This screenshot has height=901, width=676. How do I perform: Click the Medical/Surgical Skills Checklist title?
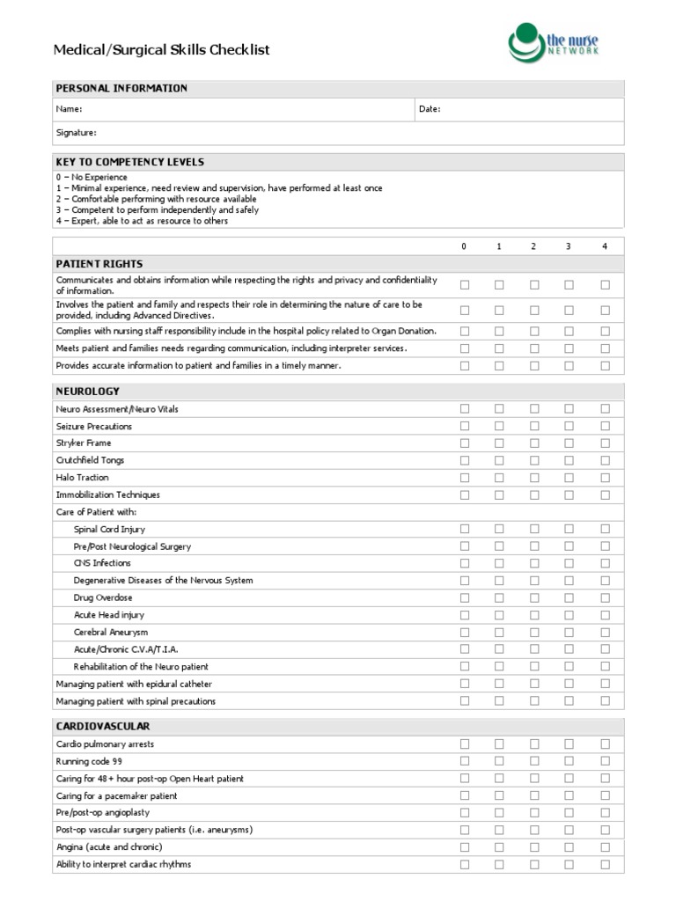pos(162,50)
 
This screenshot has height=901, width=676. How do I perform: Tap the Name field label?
pos(69,109)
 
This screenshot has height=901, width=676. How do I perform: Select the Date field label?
pos(430,109)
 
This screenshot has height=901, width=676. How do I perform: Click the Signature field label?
pos(76,133)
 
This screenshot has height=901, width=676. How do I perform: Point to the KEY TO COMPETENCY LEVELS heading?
pos(129,162)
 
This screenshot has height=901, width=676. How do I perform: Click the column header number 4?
pos(605,246)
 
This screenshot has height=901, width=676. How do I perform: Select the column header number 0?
pos(465,246)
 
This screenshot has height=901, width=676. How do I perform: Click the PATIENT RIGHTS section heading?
pos(99,264)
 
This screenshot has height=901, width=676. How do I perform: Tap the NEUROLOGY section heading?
pos(87,391)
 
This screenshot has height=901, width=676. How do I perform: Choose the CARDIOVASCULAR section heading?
pos(103,726)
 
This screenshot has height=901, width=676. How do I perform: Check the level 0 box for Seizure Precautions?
pos(465,426)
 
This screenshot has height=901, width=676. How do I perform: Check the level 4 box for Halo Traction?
pos(605,478)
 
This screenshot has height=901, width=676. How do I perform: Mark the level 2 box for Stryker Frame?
pos(533,443)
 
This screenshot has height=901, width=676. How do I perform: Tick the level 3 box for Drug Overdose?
pos(569,597)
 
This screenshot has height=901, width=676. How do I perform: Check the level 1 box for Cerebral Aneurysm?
pos(499,632)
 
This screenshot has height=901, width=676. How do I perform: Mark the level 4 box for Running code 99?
pos(605,761)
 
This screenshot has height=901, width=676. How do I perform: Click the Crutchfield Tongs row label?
pos(90,460)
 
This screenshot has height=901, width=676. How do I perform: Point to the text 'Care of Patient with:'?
pos(96,512)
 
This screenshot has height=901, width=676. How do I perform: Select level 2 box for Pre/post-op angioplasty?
pos(533,813)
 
